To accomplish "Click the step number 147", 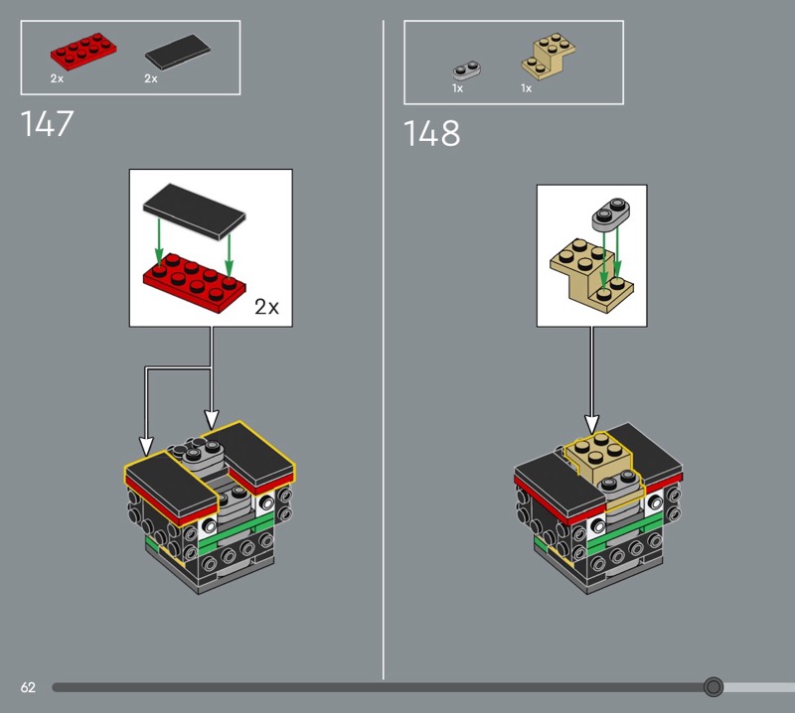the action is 47,124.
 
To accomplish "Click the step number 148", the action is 431,133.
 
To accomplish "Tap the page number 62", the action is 28,687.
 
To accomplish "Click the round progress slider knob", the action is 714,686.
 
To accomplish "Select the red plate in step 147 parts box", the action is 83,52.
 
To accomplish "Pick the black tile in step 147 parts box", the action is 178,52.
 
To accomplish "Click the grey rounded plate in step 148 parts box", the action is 467,71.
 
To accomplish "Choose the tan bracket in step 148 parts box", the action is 549,57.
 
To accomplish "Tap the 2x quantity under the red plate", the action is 57,78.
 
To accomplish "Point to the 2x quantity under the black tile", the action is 151,78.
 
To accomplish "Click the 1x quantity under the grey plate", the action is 457,88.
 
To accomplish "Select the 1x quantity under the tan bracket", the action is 527,88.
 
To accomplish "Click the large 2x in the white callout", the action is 266,307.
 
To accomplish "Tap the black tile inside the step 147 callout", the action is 194,212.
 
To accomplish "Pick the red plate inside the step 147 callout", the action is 195,283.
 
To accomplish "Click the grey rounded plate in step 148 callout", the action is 611,214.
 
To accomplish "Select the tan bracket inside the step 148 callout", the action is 591,275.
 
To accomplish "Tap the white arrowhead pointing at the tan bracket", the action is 591,425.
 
